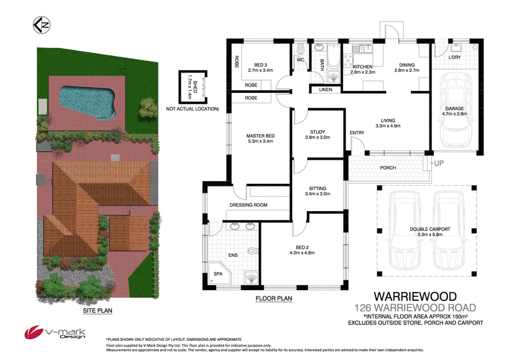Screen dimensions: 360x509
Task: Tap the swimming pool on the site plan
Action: click(x=87, y=99)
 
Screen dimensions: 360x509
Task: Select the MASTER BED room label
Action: click(x=260, y=135)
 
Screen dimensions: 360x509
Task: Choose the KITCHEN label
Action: click(x=363, y=67)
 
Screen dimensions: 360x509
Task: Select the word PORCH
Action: click(x=387, y=168)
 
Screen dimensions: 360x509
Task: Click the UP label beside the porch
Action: click(x=438, y=164)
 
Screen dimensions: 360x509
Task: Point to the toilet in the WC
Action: click(x=301, y=49)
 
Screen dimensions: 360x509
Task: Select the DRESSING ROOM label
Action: click(x=248, y=205)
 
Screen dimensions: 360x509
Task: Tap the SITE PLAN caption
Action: click(x=97, y=312)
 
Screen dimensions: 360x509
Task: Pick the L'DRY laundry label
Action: click(x=454, y=58)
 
